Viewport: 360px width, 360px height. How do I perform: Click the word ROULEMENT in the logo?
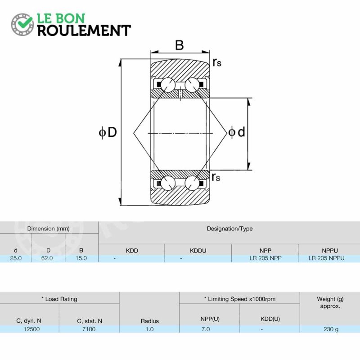click(x=84, y=31)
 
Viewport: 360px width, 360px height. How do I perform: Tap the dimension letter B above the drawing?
click(x=179, y=45)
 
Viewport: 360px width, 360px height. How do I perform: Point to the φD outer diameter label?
click(x=108, y=132)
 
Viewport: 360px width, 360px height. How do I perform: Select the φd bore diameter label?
click(x=237, y=132)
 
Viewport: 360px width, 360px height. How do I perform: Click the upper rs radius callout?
click(x=217, y=62)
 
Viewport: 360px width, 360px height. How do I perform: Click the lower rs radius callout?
click(x=216, y=177)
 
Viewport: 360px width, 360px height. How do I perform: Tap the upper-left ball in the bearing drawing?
click(x=168, y=85)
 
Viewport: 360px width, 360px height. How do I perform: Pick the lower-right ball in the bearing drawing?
click(x=192, y=183)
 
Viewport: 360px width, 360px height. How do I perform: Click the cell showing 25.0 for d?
click(x=16, y=258)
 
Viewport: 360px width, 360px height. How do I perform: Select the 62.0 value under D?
click(x=47, y=258)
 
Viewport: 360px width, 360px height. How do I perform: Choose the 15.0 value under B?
click(x=81, y=258)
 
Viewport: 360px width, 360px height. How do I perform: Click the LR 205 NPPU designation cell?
click(x=327, y=258)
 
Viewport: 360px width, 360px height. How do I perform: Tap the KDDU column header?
click(x=198, y=251)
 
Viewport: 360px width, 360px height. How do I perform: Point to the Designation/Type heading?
click(x=229, y=229)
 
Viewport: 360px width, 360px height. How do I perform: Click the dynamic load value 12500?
click(x=31, y=329)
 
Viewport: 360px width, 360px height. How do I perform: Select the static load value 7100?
click(x=89, y=329)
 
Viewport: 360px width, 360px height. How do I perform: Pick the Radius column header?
click(x=150, y=321)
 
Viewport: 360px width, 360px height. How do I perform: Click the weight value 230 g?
click(x=331, y=329)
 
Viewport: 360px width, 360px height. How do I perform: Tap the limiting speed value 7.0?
click(x=206, y=329)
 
